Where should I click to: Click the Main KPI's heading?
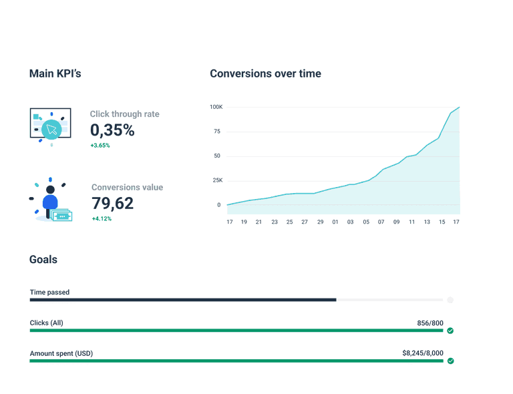click(x=55, y=73)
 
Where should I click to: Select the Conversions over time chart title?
click(x=265, y=73)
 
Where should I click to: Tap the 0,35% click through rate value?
click(x=112, y=130)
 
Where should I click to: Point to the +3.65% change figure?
click(x=100, y=145)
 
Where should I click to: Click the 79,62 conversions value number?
click(x=112, y=203)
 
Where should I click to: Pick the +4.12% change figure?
click(x=102, y=218)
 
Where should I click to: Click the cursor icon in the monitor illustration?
click(x=51, y=128)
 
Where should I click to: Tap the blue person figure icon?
click(x=50, y=199)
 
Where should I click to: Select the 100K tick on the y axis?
click(x=216, y=107)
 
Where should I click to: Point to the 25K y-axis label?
click(x=216, y=180)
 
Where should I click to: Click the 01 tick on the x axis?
click(x=335, y=221)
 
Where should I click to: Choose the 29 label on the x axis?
click(x=320, y=221)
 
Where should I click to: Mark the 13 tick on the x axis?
click(x=427, y=221)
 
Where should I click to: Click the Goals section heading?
click(x=43, y=259)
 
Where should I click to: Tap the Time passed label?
click(x=49, y=292)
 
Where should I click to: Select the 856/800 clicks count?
click(x=430, y=323)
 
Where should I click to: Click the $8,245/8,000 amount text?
click(x=422, y=353)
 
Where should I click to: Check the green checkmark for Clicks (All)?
click(x=450, y=331)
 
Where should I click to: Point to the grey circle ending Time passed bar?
click(x=450, y=300)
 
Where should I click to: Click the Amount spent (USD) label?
click(x=61, y=353)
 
